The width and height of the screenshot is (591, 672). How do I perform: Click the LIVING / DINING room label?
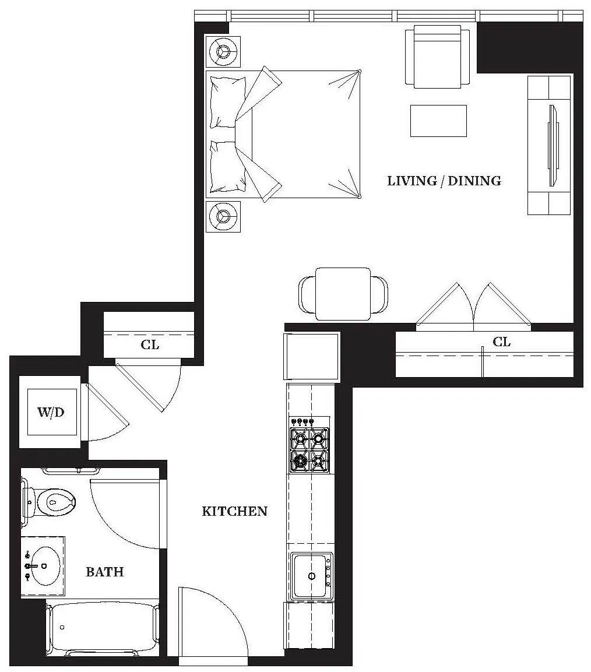(x=444, y=181)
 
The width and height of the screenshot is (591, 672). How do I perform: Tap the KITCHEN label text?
(x=234, y=512)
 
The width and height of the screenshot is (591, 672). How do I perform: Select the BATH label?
(x=105, y=572)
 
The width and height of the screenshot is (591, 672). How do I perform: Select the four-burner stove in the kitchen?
(x=309, y=450)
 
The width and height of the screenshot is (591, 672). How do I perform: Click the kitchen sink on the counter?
(x=311, y=576)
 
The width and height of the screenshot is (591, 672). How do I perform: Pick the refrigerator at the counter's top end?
(x=311, y=356)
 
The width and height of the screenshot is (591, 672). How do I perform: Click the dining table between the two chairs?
(x=343, y=294)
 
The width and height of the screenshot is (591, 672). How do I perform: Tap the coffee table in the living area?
(x=438, y=121)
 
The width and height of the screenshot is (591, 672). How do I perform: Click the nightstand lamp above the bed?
(x=223, y=52)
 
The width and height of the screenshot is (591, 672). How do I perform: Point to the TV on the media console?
(x=551, y=145)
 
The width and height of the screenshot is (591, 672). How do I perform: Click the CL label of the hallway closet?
(x=150, y=345)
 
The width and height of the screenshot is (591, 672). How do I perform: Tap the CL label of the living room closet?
(x=501, y=342)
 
